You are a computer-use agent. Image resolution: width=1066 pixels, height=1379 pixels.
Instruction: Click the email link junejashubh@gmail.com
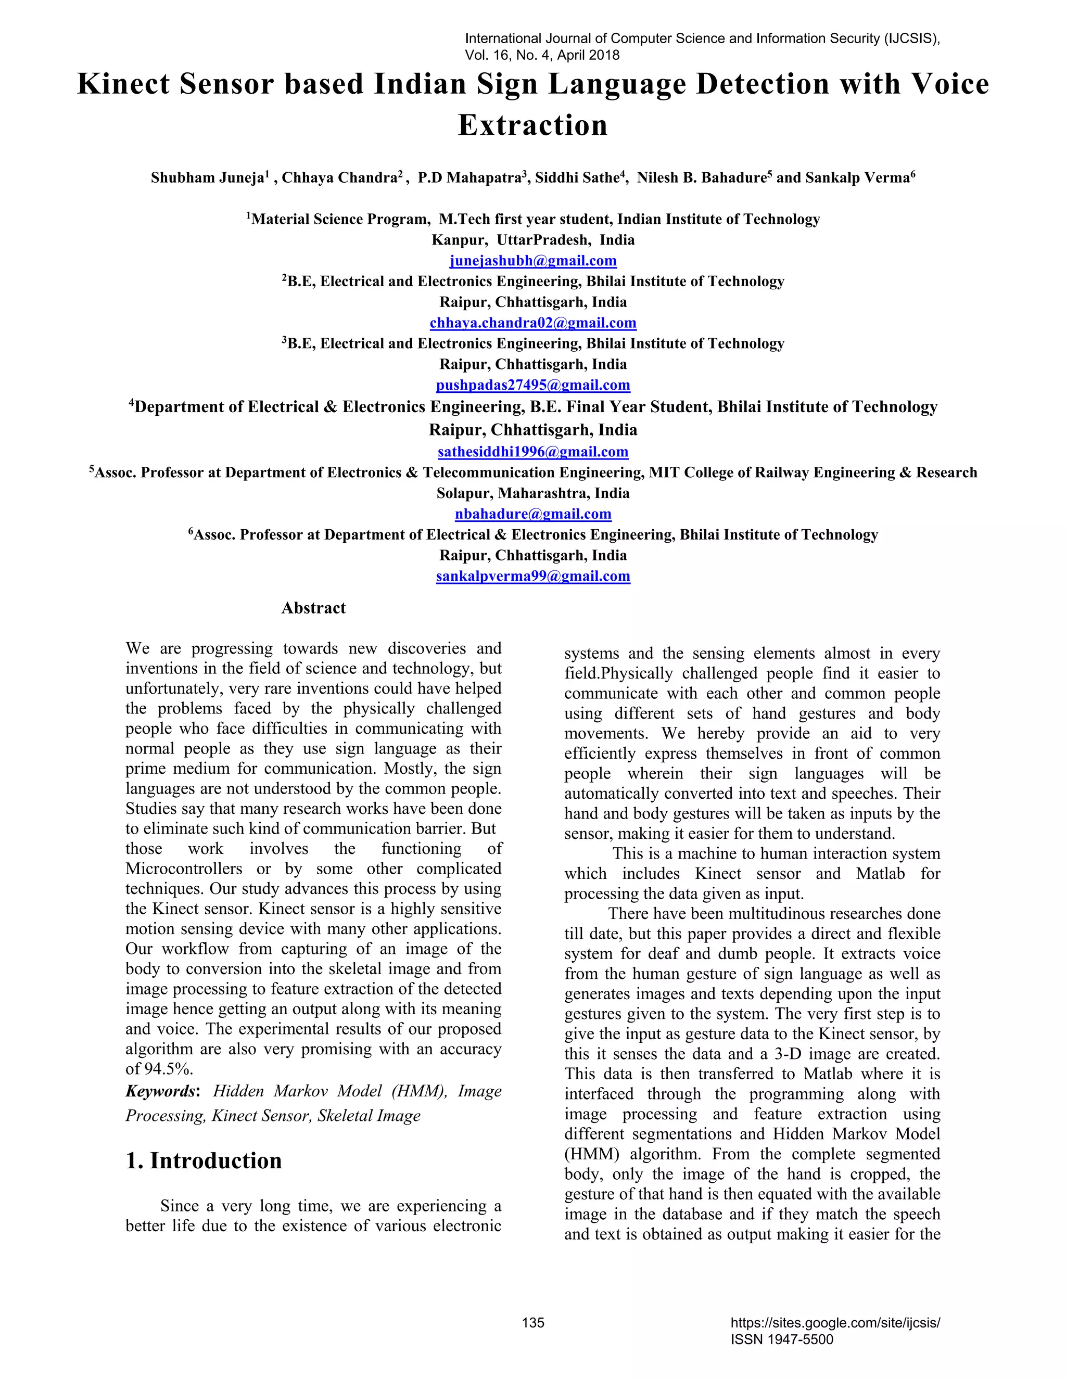point(533,261)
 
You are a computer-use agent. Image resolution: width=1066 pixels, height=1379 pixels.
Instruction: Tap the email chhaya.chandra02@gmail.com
point(533,323)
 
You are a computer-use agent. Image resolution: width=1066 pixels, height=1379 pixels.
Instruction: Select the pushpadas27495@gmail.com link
point(533,385)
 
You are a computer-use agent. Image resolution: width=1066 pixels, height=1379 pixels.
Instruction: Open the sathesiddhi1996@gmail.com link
point(533,452)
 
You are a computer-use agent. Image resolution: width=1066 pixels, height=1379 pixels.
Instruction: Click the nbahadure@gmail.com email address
point(533,514)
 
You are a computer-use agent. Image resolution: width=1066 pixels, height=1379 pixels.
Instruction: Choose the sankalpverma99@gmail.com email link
point(533,576)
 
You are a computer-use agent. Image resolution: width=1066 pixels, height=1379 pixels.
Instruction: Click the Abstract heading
point(313,608)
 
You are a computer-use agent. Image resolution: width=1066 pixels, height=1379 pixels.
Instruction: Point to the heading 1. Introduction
point(204,1160)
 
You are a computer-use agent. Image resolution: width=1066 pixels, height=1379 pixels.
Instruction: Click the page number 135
point(533,1323)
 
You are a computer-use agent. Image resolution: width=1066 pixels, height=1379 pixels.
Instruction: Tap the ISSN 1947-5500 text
point(782,1340)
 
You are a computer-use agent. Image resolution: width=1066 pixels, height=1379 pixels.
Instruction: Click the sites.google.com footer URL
point(835,1323)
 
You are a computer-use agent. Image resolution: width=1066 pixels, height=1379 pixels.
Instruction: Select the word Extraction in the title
point(533,125)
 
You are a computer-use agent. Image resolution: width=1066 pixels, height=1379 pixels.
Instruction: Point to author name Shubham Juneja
point(207,178)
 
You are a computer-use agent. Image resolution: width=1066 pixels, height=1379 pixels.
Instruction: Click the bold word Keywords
point(161,1091)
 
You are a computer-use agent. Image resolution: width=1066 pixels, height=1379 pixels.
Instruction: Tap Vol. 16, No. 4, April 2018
point(542,55)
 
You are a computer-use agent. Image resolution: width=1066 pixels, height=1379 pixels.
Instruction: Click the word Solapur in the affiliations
point(463,493)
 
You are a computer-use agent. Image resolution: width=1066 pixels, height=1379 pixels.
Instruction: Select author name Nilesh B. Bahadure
point(701,178)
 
